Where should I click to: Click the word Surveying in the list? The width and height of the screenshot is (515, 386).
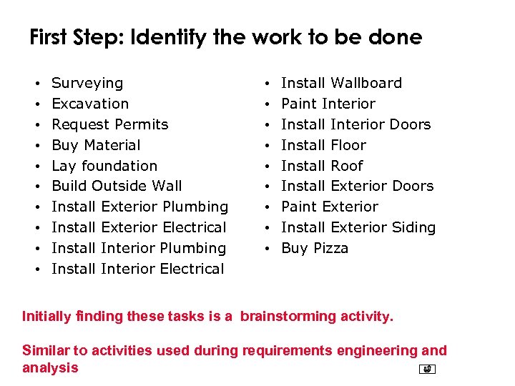pos(87,83)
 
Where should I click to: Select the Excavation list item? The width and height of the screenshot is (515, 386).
pos(90,104)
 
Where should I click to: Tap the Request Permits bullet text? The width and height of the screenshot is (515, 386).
pos(110,124)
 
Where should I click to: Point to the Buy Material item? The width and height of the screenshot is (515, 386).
pos(96,145)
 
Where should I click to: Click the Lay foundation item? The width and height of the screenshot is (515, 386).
pos(104,166)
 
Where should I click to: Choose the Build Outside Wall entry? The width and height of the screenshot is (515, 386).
pos(117,186)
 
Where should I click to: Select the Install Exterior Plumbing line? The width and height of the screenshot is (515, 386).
pos(139,207)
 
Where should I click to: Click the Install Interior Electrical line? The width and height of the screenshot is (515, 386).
pos(138,269)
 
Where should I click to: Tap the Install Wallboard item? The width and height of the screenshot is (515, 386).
pos(341,83)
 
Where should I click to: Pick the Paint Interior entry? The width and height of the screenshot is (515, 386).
pos(328,104)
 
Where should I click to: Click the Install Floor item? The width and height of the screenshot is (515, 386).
pos(323,145)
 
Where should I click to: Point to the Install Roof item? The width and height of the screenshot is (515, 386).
pos(322,166)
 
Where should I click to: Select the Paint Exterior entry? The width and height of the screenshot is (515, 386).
pos(329,207)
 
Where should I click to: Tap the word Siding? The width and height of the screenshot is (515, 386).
pos(413,227)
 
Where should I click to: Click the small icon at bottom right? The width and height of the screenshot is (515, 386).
pos(427,370)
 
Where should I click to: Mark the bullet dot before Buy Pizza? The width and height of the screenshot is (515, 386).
pos(266,249)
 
